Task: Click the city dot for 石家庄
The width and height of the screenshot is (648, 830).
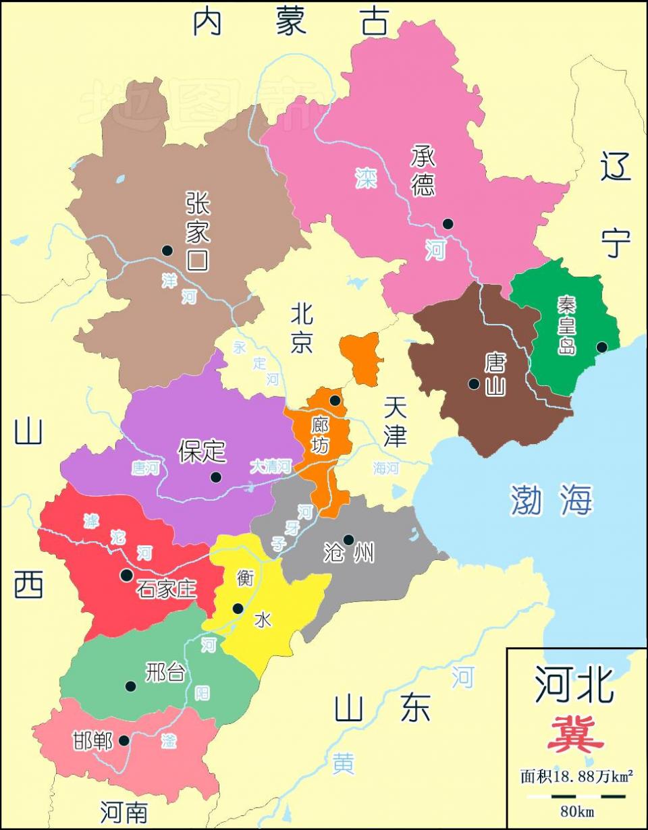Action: pos(126,575)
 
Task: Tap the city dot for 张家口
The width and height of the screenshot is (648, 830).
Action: pos(167,250)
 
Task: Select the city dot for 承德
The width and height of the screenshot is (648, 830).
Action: pos(448,223)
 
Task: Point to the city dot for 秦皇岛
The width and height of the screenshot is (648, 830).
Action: pos(601,347)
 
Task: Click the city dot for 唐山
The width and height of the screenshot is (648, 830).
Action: pos(474,383)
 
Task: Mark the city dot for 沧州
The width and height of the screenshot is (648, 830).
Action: pos(348,539)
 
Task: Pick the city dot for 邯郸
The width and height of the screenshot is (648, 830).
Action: pos(124,740)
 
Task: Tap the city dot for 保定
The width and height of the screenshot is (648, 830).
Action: pos(215,477)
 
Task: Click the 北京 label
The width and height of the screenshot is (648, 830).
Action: pos(302,328)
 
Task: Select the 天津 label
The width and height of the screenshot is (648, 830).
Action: pos(395,422)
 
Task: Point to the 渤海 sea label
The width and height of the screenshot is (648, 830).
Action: pos(551,501)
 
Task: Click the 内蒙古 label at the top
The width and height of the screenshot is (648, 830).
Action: pos(291,22)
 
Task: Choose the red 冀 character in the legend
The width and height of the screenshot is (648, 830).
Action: pos(575,734)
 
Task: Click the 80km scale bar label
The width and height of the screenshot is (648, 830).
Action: pos(577,812)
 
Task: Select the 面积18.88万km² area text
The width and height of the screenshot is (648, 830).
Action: pos(576,777)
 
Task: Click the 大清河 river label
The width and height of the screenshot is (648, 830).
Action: pos(270,466)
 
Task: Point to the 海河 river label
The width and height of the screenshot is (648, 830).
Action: pos(386,468)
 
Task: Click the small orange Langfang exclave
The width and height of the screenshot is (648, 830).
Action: pos(361,358)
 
